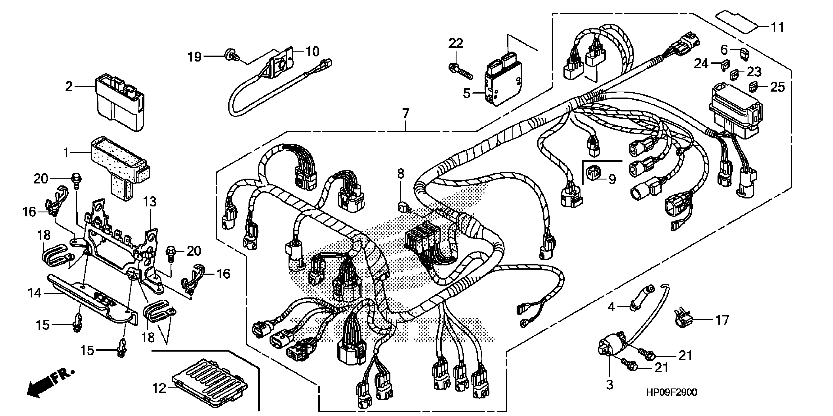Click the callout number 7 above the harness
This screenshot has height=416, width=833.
(x=406, y=114)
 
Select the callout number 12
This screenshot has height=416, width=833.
(x=159, y=388)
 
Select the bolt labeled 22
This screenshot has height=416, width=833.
(x=460, y=71)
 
